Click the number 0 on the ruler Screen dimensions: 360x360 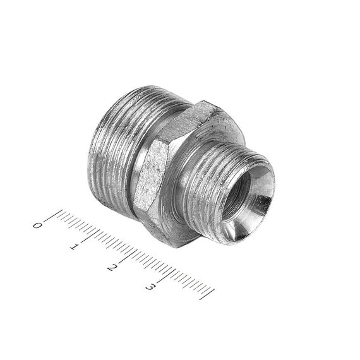click(x=37, y=225)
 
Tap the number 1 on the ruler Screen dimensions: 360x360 click(x=74, y=247)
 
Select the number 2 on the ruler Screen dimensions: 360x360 click(x=112, y=268)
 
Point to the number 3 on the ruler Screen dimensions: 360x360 click(x=150, y=287)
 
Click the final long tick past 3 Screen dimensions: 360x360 click(x=207, y=294)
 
